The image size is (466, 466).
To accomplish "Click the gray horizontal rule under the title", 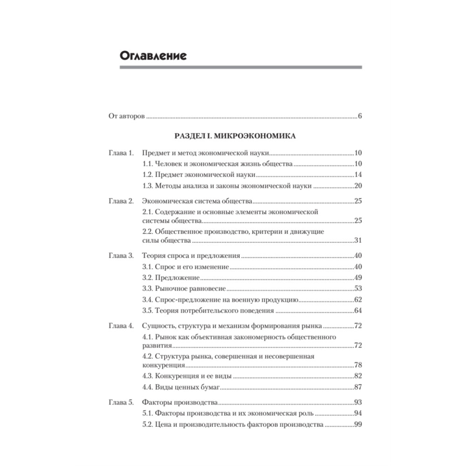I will (240, 68).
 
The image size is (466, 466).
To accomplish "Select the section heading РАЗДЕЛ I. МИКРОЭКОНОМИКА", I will (234, 136).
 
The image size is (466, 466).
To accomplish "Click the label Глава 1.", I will (121, 153).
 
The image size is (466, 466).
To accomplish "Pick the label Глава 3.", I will (121, 255).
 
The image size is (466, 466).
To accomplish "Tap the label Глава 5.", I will (121, 402).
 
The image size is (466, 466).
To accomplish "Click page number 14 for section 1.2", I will (358, 175).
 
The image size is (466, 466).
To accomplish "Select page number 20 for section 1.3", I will (358, 186).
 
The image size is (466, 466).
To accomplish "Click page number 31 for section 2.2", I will (358, 240).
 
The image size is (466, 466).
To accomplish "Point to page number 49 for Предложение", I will (358, 278).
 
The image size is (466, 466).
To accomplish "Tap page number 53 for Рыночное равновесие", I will (358, 289).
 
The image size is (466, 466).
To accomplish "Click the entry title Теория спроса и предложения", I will (191, 255).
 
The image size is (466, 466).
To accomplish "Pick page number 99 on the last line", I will (358, 425).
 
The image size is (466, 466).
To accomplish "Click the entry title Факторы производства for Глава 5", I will (179, 402).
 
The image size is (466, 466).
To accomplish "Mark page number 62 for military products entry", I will (358, 300).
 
